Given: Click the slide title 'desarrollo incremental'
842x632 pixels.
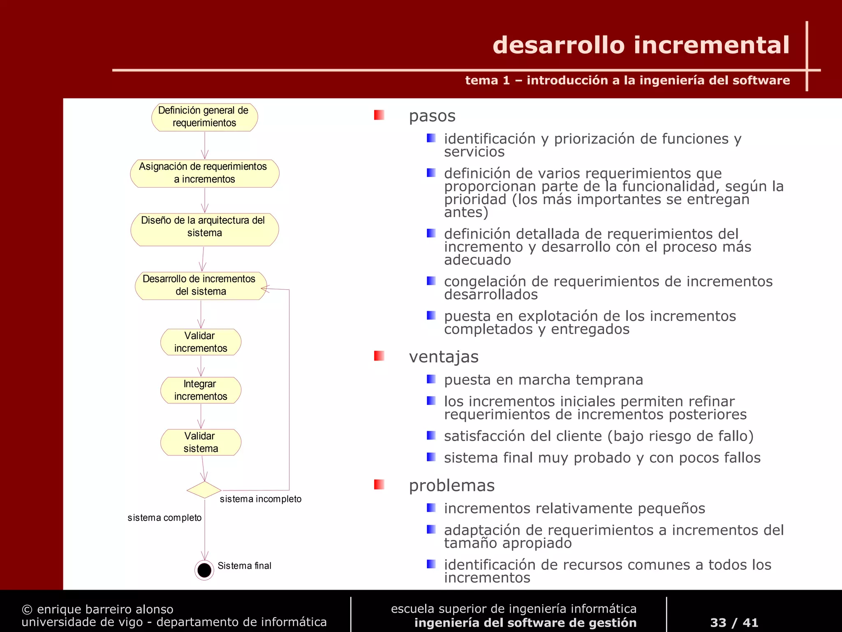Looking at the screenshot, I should (x=641, y=45).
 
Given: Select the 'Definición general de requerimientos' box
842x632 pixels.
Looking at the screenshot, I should (x=204, y=117).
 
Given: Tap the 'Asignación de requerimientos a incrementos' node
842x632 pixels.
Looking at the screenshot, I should (x=204, y=173).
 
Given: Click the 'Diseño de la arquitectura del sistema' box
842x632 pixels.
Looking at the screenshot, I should (x=204, y=229).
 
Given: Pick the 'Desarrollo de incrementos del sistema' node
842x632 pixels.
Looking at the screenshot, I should (x=201, y=286).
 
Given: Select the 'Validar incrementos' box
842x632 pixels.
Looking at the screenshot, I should (x=201, y=342).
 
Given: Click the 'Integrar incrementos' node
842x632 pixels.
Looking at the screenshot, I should (x=201, y=390).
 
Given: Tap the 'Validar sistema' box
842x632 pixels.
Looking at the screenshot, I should (x=201, y=442).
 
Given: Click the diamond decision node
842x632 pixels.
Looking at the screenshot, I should (x=204, y=490).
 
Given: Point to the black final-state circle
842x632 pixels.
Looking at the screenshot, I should (x=204, y=570).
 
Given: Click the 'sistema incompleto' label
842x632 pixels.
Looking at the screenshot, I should (x=261, y=499).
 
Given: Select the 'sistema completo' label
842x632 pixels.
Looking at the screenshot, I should (x=164, y=518).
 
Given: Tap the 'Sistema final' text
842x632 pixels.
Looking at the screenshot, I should (x=244, y=566).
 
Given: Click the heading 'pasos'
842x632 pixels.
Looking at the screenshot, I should (x=432, y=116).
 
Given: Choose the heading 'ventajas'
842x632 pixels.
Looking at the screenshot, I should (x=444, y=357).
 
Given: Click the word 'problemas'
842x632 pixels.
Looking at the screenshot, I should (x=451, y=486).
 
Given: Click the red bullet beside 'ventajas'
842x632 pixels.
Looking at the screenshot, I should (x=379, y=356).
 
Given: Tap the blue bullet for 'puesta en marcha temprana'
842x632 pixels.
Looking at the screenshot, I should (x=431, y=379).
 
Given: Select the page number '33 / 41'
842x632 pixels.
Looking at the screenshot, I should (x=734, y=623).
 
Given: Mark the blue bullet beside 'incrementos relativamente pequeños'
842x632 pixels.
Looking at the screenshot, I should (x=431, y=508).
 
